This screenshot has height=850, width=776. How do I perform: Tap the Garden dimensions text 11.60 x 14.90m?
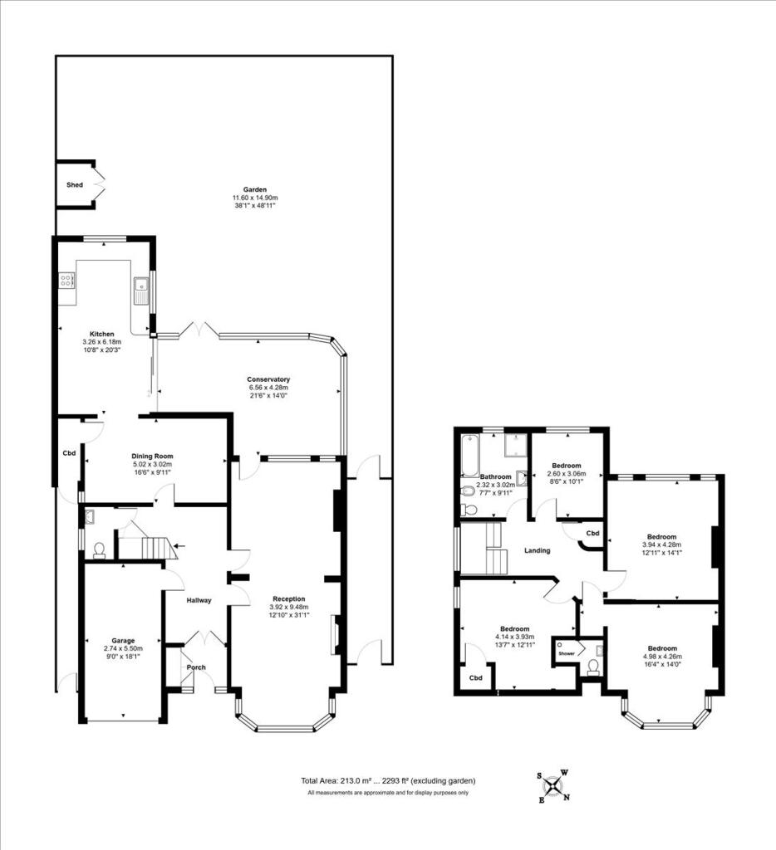pos(254,198)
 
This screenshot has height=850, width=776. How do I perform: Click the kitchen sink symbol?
pos(140,289)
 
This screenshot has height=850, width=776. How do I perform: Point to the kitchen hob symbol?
pos(66,282)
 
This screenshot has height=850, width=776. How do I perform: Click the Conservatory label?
pos(268,379)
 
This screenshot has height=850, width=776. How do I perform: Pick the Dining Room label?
pos(152,456)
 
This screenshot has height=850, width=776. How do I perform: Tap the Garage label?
pos(118,639)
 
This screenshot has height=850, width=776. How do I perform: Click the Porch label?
pos(196,667)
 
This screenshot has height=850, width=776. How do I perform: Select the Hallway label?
pos(199,600)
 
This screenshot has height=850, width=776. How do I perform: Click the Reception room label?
pos(289,598)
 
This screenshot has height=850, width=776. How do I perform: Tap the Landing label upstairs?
pos(538,550)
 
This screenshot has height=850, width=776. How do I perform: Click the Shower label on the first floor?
pos(567,653)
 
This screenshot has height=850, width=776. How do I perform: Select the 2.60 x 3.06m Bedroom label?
pos(565,466)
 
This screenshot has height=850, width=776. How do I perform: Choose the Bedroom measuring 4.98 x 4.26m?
pos(661,648)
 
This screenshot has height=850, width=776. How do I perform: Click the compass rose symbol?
pos(554,785)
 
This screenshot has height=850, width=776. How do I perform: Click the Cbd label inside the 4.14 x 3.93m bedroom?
pos(475,677)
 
